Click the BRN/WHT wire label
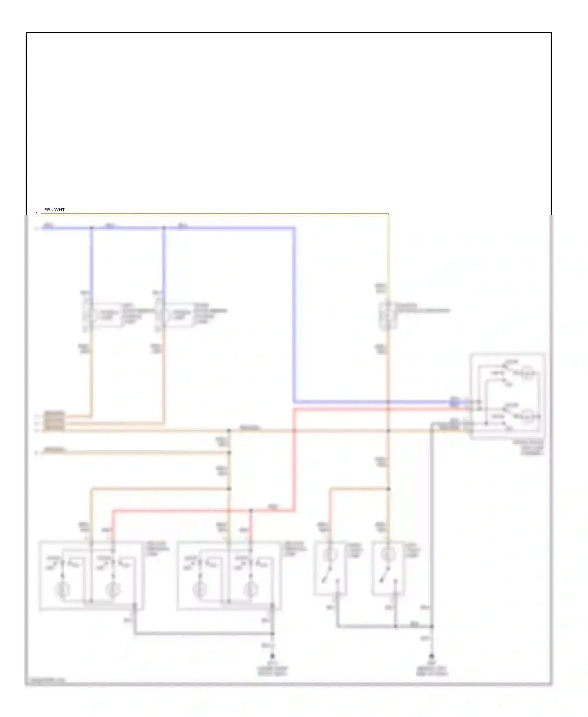coord(54,210)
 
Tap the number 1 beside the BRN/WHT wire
coord(37,214)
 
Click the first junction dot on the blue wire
coord(92,228)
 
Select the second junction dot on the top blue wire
coord(164,228)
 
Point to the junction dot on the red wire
coord(251,510)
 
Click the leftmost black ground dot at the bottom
coord(272,656)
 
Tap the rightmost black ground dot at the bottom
coord(432,656)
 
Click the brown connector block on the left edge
coord(54,422)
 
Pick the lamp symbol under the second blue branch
coord(164,315)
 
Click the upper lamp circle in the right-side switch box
coord(527,373)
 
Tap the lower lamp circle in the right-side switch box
coord(527,416)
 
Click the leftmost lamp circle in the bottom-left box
coord(62,589)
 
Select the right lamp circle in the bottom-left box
coord(113,589)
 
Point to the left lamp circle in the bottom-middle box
coord(200,589)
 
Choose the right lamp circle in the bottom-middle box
coord(250,589)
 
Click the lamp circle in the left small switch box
coord(330,555)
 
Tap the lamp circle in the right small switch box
coord(388,555)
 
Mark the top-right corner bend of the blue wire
coord(294,228)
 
